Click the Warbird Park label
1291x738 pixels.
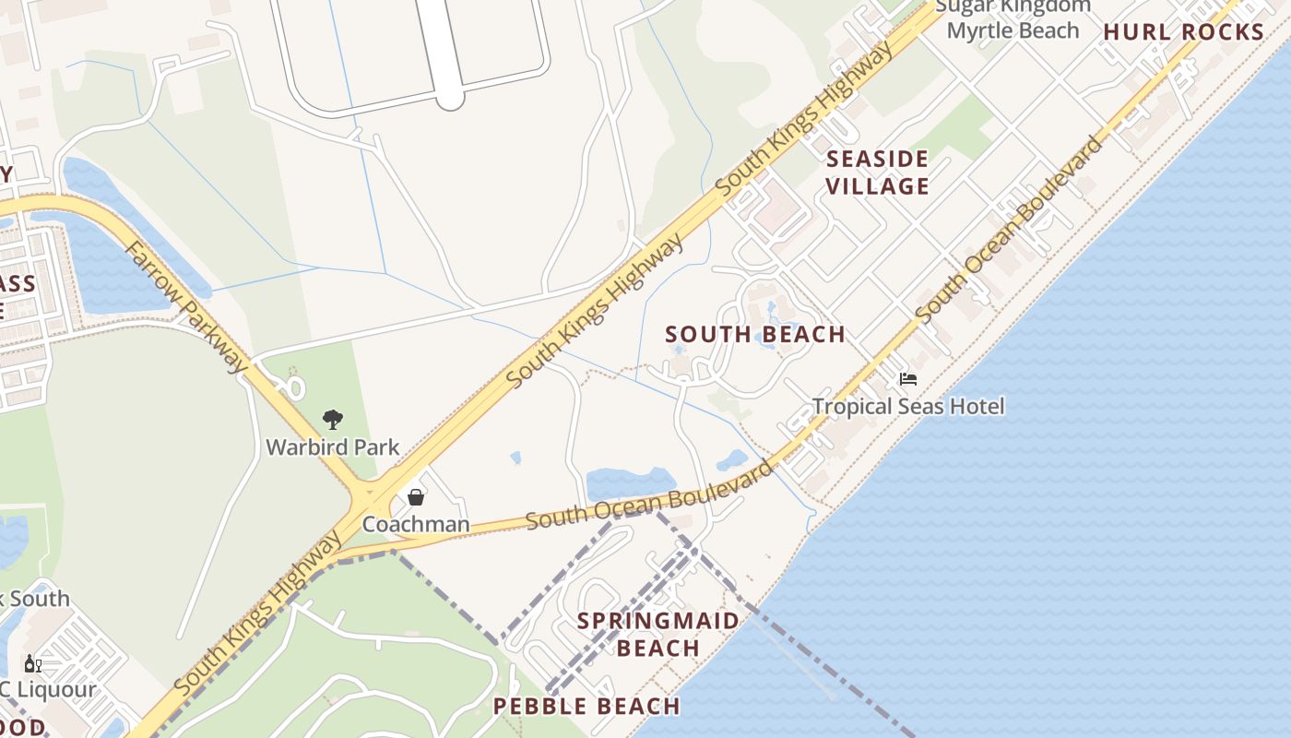click(332, 447)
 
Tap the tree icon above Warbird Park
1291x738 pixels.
click(333, 421)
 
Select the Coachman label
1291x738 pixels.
click(415, 524)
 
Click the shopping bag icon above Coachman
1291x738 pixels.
click(416, 497)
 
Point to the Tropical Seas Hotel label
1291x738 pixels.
click(908, 406)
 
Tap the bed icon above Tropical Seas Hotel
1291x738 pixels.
click(908, 379)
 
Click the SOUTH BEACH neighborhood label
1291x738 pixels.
click(755, 334)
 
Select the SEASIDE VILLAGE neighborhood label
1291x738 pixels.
click(877, 173)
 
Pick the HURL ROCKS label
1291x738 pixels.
click(1183, 32)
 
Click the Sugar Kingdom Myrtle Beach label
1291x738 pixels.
click(1013, 18)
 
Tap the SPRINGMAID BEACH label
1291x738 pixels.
click(658, 634)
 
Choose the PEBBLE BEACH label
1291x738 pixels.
click(586, 707)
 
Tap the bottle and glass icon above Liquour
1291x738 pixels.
click(32, 663)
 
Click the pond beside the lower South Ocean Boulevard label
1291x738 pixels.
click(630, 482)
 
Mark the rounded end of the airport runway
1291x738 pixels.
click(449, 97)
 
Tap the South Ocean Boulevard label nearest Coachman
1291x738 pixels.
click(650, 495)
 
